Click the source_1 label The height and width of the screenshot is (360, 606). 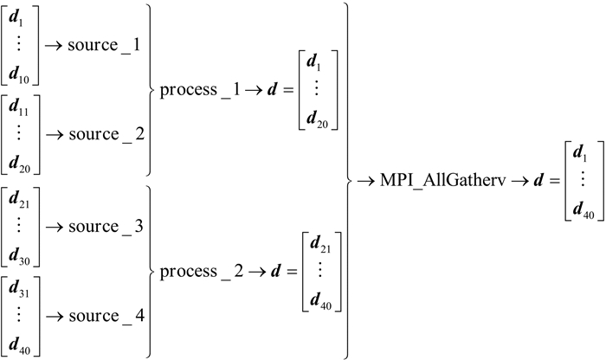coord(109,44)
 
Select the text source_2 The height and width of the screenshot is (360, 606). coord(109,134)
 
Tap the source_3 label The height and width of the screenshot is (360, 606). coord(109,225)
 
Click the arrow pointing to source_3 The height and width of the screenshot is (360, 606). coord(55,226)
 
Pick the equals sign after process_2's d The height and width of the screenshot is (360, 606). coord(285,271)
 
